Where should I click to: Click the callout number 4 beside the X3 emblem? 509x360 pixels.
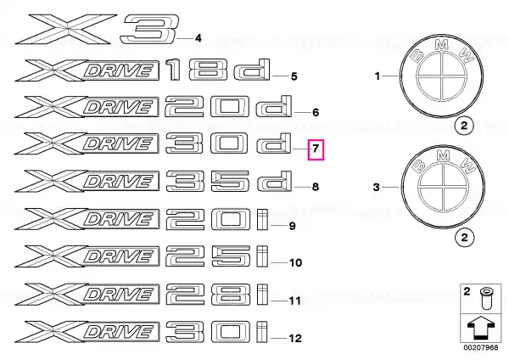tap(198, 38)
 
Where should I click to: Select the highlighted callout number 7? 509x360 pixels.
tap(316, 149)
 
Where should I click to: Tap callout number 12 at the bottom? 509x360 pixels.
tap(295, 338)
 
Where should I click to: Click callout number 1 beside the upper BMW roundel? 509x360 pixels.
tap(378, 76)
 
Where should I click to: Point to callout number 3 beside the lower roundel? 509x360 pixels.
tap(376, 188)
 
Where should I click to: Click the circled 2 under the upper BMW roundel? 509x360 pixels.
tap(464, 126)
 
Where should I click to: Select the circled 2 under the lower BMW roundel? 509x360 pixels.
tap(465, 237)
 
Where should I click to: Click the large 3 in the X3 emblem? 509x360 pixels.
tap(149, 30)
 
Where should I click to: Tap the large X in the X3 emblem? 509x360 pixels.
tap(66, 29)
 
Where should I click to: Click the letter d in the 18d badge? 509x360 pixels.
tap(252, 70)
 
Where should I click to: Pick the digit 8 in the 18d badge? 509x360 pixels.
tap(208, 70)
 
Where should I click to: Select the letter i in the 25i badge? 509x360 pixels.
tap(262, 256)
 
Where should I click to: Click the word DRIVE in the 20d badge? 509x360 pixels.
tap(119, 108)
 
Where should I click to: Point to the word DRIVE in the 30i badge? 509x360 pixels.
tap(119, 332)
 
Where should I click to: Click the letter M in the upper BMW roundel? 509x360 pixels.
tap(441, 45)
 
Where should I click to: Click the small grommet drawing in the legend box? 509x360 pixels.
tap(484, 298)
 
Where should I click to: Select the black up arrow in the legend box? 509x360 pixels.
tap(480, 328)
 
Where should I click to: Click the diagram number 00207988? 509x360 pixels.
tap(480, 347)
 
